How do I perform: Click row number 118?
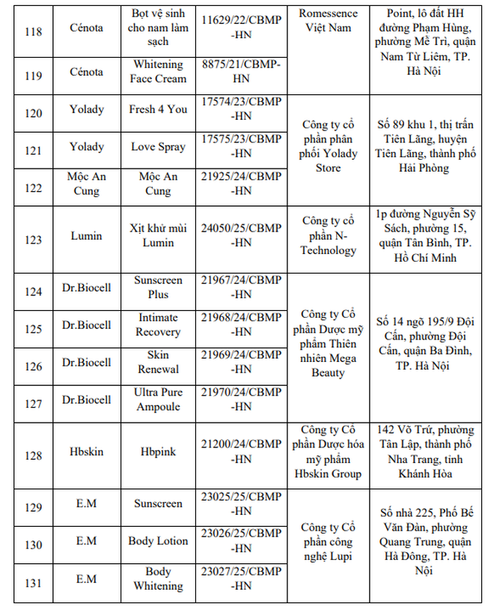[33, 32]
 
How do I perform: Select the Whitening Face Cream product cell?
[157, 71]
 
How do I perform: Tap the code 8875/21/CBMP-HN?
[241, 71]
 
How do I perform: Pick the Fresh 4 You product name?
[157, 109]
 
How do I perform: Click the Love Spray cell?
[157, 147]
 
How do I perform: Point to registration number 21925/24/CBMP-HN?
[241, 184]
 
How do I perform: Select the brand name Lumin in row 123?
[87, 236]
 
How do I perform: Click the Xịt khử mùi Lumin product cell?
[157, 235]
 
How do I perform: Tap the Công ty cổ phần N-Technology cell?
[329, 235]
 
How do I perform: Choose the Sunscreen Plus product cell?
[157, 287]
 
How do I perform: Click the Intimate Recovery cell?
[157, 324]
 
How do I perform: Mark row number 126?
[33, 366]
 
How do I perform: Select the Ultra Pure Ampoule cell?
[157, 399]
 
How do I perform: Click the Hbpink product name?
[157, 453]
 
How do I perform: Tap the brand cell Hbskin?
[87, 453]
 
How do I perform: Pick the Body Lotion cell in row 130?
[157, 541]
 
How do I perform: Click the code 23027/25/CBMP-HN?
[241, 579]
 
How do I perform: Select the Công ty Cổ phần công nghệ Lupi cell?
[329, 541]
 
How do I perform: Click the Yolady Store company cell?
[329, 146]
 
